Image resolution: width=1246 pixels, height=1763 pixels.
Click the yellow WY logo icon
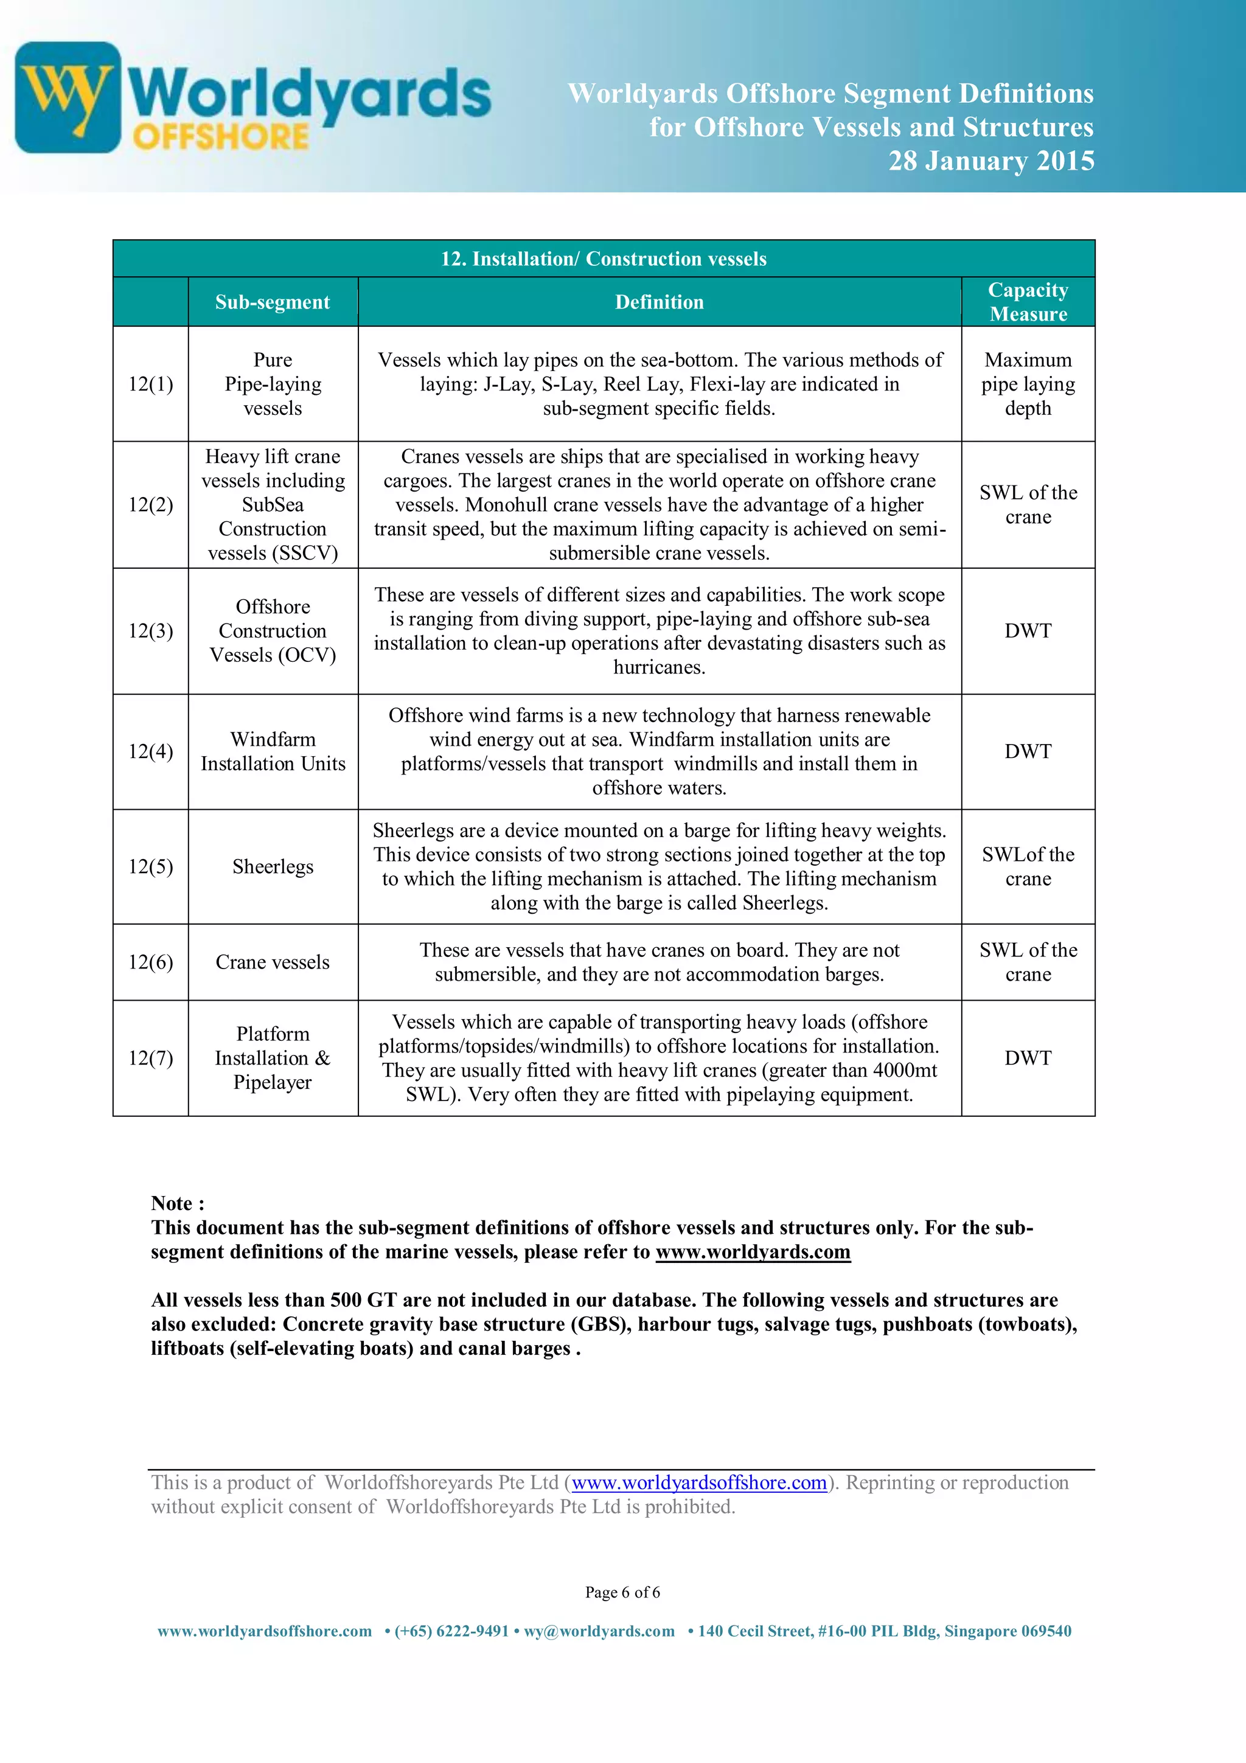[x=68, y=97]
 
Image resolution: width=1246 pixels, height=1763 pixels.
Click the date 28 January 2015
[x=990, y=161]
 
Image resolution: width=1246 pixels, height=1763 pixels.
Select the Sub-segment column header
[x=273, y=302]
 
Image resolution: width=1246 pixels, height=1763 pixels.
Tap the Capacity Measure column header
[x=1028, y=302]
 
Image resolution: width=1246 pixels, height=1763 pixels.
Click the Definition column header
[x=659, y=302]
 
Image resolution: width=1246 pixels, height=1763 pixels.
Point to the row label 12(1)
[x=150, y=384]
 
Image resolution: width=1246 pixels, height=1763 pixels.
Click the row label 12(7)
[x=150, y=1058]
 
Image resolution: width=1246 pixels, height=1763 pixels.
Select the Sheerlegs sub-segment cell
[x=273, y=867]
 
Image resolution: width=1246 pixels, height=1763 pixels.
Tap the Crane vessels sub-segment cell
[x=273, y=962]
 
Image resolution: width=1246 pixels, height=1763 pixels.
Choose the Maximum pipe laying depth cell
[x=1028, y=384]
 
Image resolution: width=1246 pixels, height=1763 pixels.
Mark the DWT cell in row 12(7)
[x=1028, y=1058]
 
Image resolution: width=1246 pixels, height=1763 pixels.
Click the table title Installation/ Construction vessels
[x=604, y=259]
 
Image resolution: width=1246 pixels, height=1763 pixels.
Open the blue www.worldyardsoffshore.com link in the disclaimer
[x=698, y=1483]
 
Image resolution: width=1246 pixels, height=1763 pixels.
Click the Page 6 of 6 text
[x=622, y=1593]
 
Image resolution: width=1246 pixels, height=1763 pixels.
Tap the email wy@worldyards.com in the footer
[x=599, y=1631]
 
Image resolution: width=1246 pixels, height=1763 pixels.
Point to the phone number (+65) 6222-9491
[x=451, y=1631]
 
